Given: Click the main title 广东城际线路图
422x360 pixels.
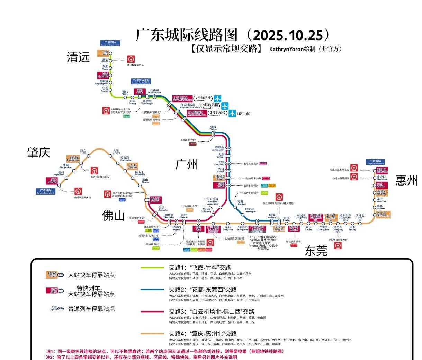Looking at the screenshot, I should pos(187,35).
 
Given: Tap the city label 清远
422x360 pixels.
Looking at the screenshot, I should pos(78,57).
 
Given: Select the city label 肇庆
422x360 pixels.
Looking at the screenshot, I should pos(39,153).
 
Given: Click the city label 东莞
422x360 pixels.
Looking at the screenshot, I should pos(316,251).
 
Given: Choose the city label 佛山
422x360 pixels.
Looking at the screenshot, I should pos(113,216).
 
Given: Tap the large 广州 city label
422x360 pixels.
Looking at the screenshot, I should pos(187,164).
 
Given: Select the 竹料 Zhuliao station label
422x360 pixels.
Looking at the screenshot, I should pos(213,128).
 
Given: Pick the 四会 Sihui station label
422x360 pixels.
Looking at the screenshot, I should pos(83,151).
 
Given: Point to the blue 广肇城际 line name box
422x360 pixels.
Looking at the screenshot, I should pos(45,191).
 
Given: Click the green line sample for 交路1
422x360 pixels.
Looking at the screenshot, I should pos(152,268).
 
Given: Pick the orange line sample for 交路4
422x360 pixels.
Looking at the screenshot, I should pos(152,334).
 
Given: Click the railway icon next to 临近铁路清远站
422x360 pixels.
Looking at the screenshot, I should pos(131,59).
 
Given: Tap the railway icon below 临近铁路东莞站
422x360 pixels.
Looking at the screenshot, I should pos(338,246).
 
